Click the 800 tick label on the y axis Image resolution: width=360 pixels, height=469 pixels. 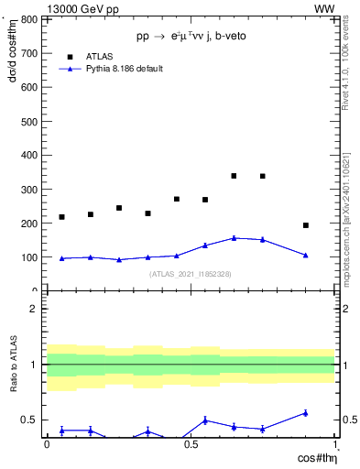29,20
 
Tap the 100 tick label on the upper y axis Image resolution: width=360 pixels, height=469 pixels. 29,257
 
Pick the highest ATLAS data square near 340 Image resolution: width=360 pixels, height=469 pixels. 235,176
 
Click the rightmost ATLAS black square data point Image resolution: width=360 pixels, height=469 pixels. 306,225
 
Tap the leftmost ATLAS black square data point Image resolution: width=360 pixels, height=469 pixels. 61,217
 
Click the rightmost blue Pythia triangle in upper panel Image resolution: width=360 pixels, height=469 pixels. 306,255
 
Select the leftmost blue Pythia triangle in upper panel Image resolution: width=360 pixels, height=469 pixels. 61,258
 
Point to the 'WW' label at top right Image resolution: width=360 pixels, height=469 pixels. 324,8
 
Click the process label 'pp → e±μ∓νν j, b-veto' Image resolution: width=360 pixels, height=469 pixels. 191,36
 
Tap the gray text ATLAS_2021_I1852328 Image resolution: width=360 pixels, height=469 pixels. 191,274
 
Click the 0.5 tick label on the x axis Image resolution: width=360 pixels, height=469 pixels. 191,444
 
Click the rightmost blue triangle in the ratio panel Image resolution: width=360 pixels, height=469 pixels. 306,413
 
